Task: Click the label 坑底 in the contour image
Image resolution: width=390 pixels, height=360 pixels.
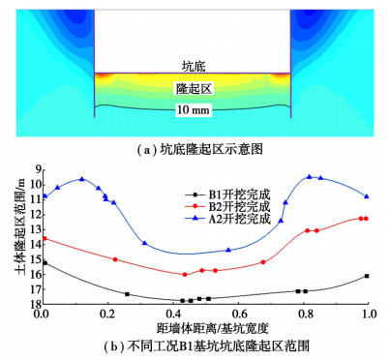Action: pos(194,67)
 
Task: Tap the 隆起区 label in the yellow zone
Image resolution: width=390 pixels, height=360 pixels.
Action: pos(194,88)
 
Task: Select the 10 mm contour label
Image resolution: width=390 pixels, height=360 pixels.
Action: pos(194,110)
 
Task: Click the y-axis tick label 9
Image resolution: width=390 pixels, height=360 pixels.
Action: pos(35,169)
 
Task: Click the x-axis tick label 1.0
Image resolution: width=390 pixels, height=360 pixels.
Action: pos(369,314)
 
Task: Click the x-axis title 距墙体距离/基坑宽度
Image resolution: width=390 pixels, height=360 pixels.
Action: pos(213,328)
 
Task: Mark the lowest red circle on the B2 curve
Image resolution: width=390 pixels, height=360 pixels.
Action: pos(185,275)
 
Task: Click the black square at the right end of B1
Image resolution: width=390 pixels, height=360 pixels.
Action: pos(367,276)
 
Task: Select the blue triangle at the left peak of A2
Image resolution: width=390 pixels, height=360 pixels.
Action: pos(82,179)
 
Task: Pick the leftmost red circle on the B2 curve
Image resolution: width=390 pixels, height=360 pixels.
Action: pos(45,238)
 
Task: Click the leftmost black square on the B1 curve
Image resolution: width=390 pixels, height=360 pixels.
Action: pos(45,263)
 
